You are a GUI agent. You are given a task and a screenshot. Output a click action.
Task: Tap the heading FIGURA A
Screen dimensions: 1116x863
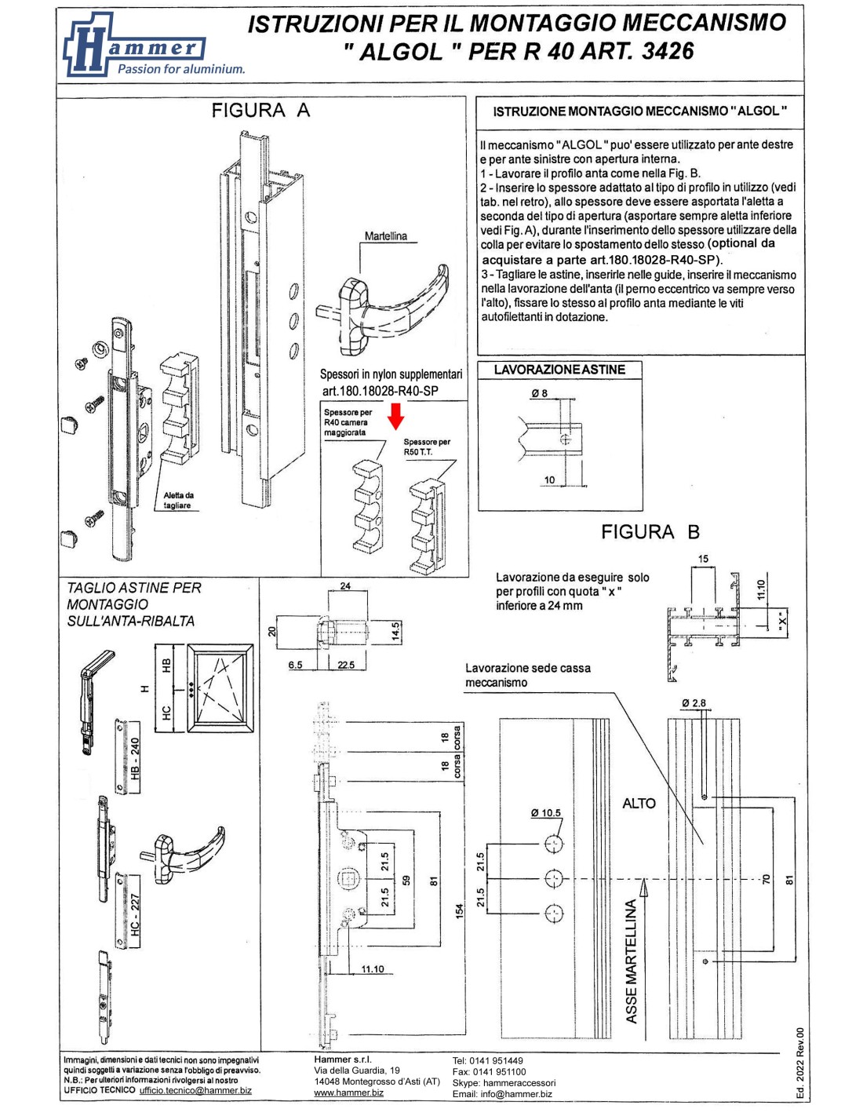tap(260, 111)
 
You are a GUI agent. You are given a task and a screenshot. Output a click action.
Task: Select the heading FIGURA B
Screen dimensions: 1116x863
tap(650, 532)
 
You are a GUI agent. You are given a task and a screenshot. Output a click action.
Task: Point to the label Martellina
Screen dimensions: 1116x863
tap(385, 236)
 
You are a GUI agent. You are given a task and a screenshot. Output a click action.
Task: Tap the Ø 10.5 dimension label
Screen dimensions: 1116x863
tap(545, 813)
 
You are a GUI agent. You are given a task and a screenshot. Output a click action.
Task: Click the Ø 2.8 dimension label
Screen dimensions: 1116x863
tap(694, 703)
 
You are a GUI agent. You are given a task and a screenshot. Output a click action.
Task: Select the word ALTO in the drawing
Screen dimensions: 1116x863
tap(639, 804)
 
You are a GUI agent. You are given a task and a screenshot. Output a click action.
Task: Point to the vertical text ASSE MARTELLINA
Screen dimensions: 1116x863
tap(632, 961)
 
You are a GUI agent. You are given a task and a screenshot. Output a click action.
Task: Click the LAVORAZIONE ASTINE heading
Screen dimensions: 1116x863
tap(559, 370)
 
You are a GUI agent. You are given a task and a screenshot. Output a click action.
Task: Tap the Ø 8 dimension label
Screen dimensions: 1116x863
tap(539, 393)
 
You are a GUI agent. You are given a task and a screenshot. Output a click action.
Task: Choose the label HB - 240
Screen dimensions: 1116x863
tap(134, 758)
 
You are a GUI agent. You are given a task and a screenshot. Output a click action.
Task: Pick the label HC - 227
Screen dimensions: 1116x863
tap(134, 914)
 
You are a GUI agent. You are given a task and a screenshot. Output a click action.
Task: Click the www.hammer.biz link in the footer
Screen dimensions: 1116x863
tap(348, 1092)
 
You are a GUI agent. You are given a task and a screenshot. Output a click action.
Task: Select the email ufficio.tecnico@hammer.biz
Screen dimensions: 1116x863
tap(195, 1090)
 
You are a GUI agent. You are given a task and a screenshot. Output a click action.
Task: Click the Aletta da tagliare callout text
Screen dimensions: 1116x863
tap(178, 501)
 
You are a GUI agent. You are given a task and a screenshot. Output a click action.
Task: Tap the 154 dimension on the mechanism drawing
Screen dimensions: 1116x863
tap(459, 910)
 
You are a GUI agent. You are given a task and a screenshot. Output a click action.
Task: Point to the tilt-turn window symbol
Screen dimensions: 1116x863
tap(220, 689)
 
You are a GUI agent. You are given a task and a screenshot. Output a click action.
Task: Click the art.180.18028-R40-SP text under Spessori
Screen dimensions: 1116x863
tap(380, 391)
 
